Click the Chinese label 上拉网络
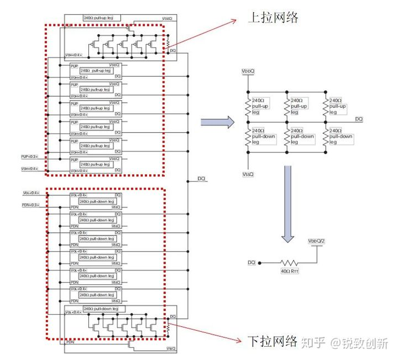click(x=273, y=18)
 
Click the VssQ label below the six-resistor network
click(x=248, y=174)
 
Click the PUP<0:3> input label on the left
click(x=30, y=156)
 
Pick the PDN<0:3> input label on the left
click(x=30, y=205)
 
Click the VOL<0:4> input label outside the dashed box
click(x=31, y=193)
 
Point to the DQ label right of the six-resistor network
click(x=359, y=119)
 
